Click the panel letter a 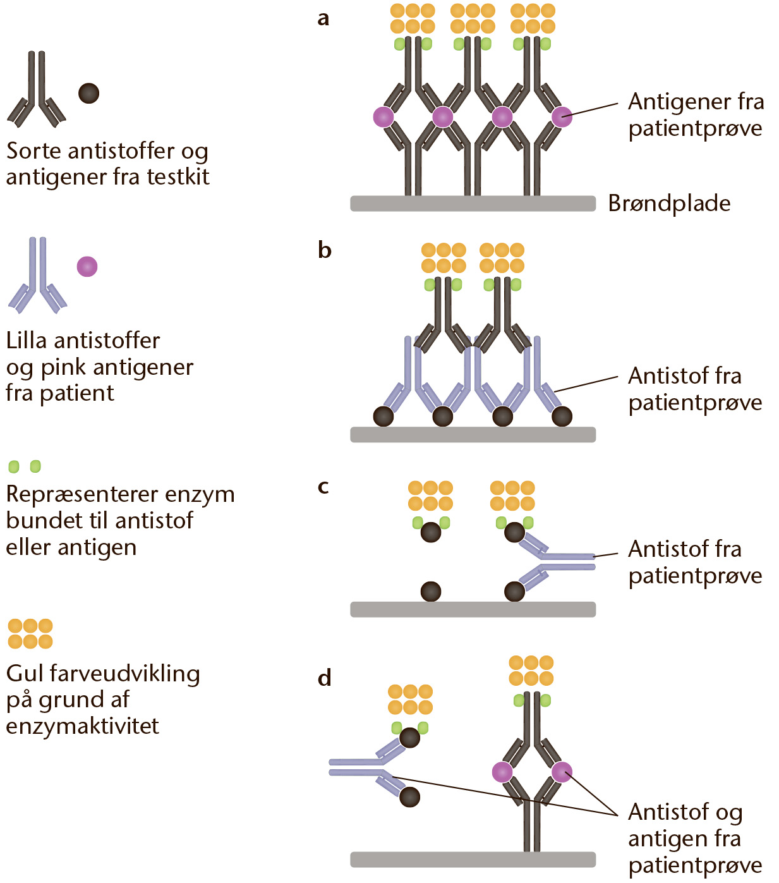pos(323,19)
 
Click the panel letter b pos(325,250)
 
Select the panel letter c pos(323,487)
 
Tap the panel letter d pos(325,677)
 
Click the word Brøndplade pos(669,203)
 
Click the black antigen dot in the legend pos(89,94)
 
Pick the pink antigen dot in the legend pos(87,266)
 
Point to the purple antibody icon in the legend pos(37,276)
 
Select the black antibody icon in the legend pos(37,89)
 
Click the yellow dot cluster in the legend pos(30,634)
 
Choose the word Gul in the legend pos(25,673)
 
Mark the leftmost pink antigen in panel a pos(384,117)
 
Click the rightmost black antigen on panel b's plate pos(562,417)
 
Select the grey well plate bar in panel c pos(473,609)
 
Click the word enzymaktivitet pos(82,726)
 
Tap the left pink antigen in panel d pos(502,772)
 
